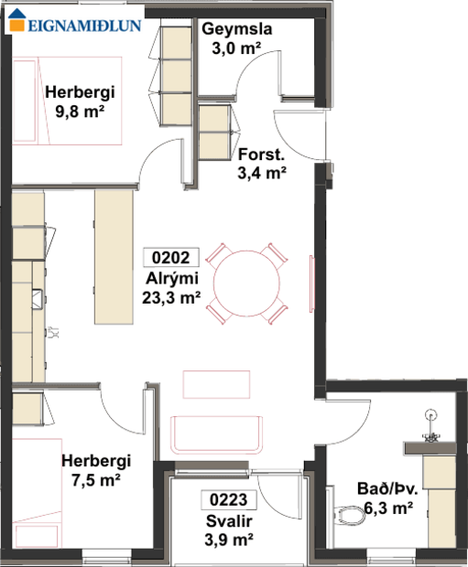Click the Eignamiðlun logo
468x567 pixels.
point(75,25)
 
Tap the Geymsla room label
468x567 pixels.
point(237,29)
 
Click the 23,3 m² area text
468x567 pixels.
point(171,296)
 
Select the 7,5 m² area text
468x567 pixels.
point(94,478)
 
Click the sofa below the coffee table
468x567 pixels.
point(216,433)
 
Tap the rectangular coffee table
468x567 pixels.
point(216,383)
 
